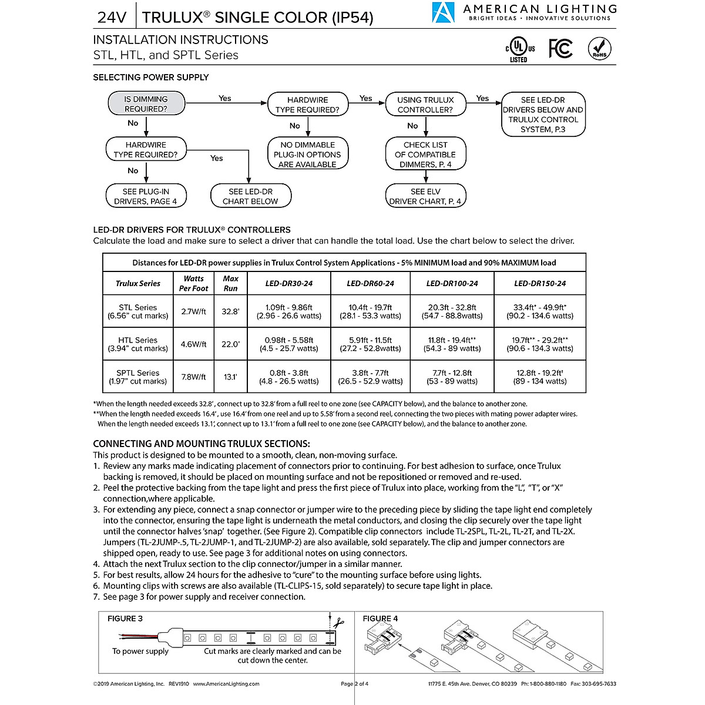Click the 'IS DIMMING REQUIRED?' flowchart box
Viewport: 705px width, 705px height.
click(146, 104)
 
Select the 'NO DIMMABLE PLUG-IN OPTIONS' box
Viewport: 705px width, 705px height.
click(307, 155)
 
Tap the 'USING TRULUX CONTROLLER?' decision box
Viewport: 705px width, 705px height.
click(425, 105)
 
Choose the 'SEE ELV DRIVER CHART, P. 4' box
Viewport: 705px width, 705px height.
click(425, 196)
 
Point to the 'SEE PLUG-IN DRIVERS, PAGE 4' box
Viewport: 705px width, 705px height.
click(146, 196)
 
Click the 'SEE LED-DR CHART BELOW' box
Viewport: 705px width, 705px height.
click(250, 196)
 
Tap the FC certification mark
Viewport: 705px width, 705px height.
click(560, 49)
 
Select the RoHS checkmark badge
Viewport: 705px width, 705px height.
click(599, 49)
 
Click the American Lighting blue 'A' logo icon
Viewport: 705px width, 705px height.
click(443, 14)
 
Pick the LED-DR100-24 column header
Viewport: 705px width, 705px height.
click(452, 283)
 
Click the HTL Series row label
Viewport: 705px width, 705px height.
click(137, 344)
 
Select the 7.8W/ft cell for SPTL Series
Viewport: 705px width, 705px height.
click(193, 377)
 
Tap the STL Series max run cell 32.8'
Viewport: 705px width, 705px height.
click(230, 311)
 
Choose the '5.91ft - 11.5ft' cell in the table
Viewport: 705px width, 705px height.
click(370, 340)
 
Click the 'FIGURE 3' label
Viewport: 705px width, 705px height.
click(125, 619)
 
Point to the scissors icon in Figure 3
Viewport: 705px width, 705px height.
click(339, 622)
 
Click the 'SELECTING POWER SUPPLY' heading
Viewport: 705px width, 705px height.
click(151, 78)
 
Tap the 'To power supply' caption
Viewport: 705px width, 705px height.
click(140, 651)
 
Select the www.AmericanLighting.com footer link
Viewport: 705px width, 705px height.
click(226, 684)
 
